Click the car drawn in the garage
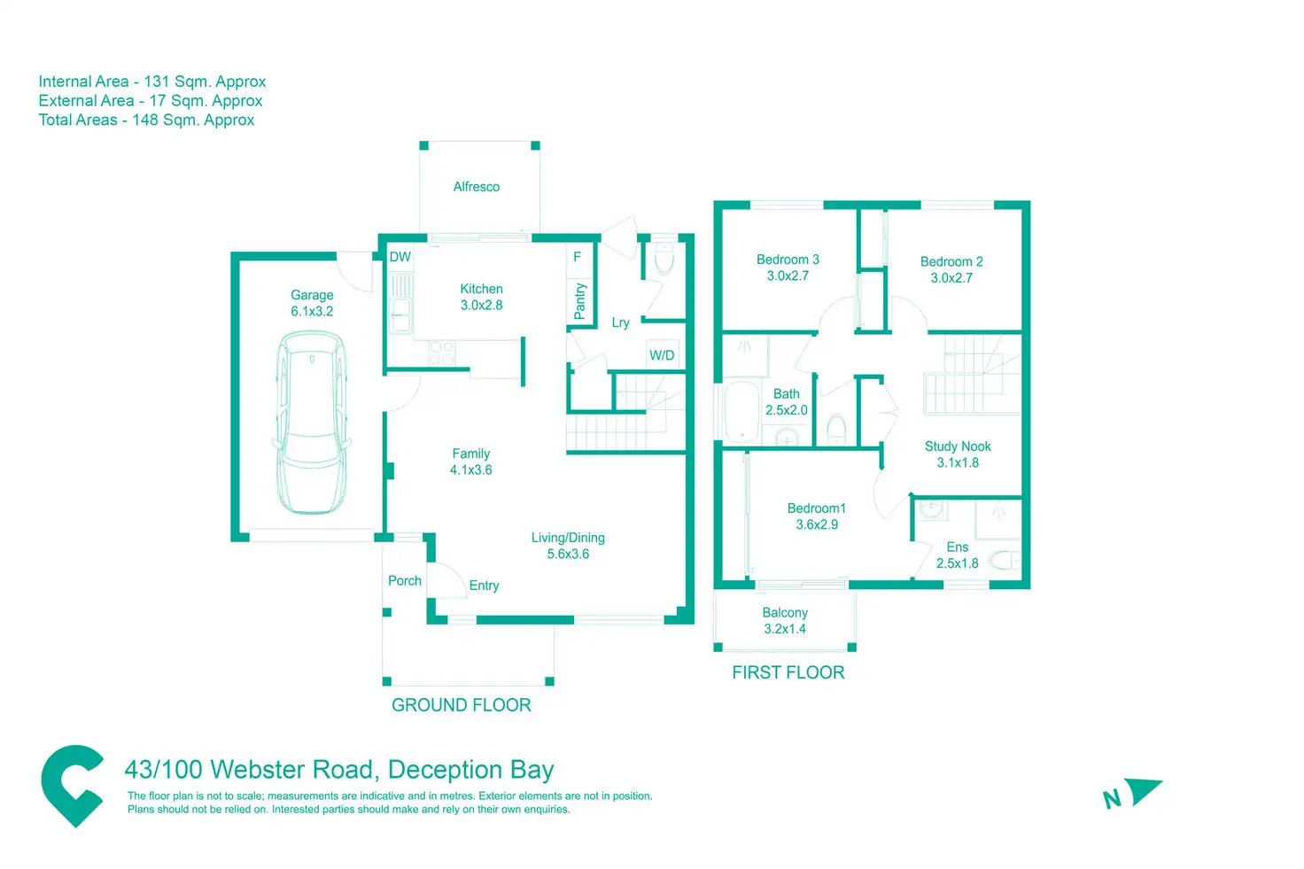coord(312,423)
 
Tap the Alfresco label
coord(477,187)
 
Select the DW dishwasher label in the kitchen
coord(400,257)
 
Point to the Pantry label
coord(580,301)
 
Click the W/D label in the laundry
coord(662,355)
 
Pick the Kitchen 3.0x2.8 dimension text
coord(481,306)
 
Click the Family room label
coord(470,454)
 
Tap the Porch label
coord(405,581)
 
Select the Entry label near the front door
coord(484,586)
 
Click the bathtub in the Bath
coord(741,412)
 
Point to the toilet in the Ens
coord(1005,561)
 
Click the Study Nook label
coord(958,446)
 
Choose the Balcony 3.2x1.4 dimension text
coord(785,629)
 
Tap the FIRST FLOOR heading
coord(788,672)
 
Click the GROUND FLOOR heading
coord(462,705)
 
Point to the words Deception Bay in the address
coord(471,770)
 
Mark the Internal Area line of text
coord(152,81)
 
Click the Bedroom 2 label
coord(951,262)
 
